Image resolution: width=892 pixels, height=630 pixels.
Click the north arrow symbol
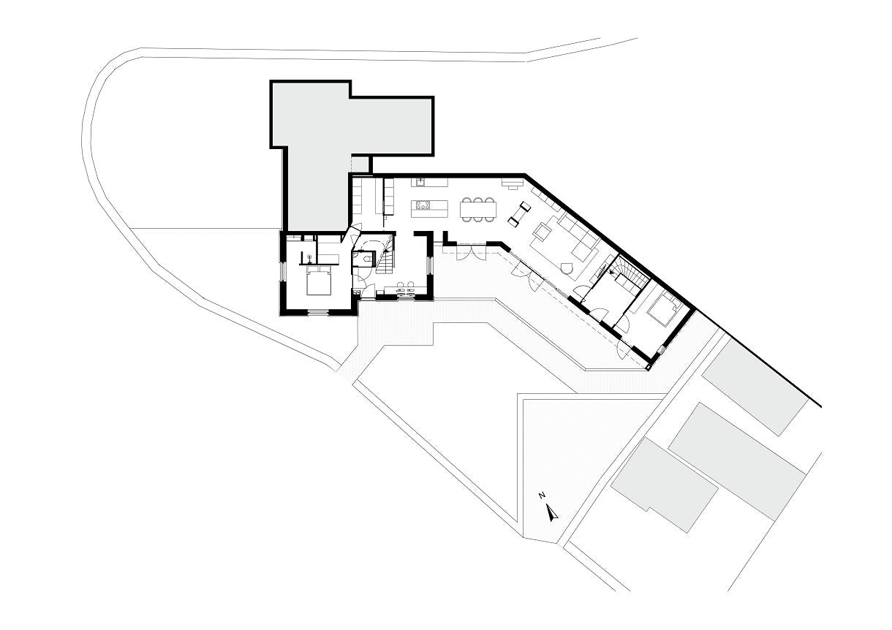point(551,513)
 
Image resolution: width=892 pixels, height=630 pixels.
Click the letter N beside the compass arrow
point(542,495)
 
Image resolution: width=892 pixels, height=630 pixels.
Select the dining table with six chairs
point(478,209)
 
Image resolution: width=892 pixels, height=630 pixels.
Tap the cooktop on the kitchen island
point(423,205)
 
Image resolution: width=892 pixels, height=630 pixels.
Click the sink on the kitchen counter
point(420,182)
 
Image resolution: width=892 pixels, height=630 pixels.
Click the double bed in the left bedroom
point(319,280)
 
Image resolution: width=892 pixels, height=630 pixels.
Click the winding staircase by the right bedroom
point(628,274)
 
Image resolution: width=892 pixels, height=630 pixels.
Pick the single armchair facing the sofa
point(542,231)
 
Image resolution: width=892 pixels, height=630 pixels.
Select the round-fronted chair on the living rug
point(566,269)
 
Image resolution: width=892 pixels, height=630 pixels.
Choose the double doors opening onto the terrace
point(471,252)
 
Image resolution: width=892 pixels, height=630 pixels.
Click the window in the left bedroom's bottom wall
point(319,311)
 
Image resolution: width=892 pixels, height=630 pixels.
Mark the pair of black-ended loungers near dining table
point(520,214)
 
